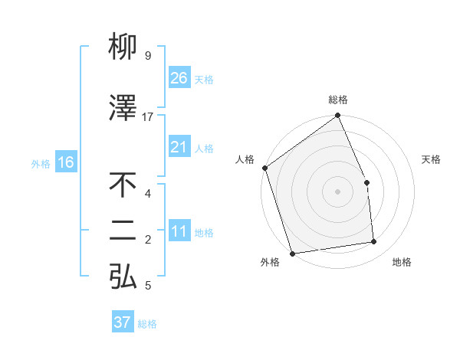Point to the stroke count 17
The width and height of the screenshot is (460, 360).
tap(148, 116)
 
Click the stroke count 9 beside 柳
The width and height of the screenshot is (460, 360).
tap(147, 56)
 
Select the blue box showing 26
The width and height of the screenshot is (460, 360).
tap(179, 77)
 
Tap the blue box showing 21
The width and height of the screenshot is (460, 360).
tap(179, 146)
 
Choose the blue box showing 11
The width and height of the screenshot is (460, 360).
tap(179, 231)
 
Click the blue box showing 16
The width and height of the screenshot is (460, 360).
tap(66, 162)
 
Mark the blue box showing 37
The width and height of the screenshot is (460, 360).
tap(123, 322)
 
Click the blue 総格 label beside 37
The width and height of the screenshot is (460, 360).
tap(147, 324)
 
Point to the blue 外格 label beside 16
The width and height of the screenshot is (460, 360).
tap(41, 163)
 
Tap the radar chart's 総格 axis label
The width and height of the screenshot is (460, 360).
tap(338, 100)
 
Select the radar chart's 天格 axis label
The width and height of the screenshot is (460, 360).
tap(432, 159)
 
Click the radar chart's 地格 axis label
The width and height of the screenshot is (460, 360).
tap(402, 262)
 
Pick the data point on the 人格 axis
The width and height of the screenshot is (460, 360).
tap(264, 168)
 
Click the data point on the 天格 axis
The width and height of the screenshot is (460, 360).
tap(367, 182)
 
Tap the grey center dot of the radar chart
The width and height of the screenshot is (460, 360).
tap(337, 191)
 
